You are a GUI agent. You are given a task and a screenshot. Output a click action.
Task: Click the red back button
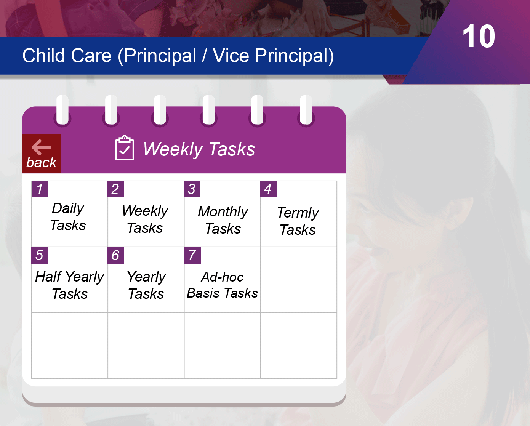click(x=42, y=153)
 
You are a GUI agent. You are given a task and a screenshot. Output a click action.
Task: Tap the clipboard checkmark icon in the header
click(x=125, y=148)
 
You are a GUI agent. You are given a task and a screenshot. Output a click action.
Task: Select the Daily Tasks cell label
click(x=68, y=216)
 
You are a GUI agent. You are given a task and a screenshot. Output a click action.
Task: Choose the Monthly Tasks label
click(x=223, y=220)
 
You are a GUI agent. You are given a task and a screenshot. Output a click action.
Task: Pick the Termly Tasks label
click(x=298, y=221)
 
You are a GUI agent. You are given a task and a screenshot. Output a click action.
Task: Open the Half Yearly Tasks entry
click(x=70, y=285)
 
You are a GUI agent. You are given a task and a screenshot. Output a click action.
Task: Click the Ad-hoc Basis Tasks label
click(x=222, y=285)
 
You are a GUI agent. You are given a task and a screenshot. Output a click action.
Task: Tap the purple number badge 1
click(x=40, y=189)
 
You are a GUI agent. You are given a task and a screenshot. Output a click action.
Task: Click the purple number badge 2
click(x=115, y=189)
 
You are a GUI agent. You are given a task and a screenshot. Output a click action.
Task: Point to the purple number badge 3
click(x=192, y=189)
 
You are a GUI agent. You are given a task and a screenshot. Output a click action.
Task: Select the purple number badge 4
click(x=268, y=189)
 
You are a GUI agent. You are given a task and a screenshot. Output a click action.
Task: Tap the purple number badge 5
click(x=40, y=255)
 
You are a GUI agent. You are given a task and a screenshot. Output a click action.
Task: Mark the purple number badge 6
click(x=116, y=255)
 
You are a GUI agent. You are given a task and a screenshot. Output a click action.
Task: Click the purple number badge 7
click(x=192, y=255)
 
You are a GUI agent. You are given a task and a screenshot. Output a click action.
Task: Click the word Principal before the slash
click(x=160, y=56)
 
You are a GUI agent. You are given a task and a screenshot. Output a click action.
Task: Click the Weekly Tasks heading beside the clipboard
click(x=199, y=149)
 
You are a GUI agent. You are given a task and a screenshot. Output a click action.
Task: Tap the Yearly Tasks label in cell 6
click(x=146, y=285)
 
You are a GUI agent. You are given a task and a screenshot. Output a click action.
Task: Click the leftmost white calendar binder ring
click(x=62, y=110)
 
